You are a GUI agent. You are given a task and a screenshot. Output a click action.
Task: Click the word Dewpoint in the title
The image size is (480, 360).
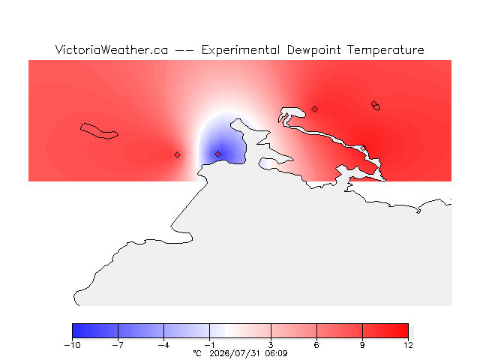point(313,50)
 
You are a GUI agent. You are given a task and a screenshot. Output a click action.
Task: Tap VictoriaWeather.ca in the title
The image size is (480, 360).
point(112,49)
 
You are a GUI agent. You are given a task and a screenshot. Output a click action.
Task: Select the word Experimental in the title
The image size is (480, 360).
point(241,50)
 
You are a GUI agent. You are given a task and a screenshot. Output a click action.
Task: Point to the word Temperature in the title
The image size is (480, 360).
point(385,50)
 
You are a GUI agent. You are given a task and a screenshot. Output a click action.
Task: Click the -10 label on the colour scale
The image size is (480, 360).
point(72,345)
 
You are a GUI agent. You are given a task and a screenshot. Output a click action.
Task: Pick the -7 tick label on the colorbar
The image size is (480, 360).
point(118,345)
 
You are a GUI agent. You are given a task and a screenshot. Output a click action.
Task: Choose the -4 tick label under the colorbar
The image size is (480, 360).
point(163,345)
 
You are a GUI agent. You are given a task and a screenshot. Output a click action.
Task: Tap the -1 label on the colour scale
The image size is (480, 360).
point(209,345)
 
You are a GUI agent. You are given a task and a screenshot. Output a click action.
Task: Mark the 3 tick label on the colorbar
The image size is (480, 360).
point(271,345)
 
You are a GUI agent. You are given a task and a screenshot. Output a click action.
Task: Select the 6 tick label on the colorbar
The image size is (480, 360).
point(316,345)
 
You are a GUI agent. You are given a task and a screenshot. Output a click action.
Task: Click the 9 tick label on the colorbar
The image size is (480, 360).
point(362,345)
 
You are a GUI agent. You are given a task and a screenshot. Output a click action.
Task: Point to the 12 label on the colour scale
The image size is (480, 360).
point(408,345)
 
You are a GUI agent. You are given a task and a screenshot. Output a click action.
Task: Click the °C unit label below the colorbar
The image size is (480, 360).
point(197,353)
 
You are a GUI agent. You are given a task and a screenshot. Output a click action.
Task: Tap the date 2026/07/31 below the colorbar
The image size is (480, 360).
point(235,353)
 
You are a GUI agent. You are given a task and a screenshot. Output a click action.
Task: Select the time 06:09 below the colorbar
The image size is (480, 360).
point(276,353)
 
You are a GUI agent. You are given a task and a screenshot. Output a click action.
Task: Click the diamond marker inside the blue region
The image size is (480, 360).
point(217,154)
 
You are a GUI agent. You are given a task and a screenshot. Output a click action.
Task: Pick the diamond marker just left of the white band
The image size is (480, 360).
point(177,155)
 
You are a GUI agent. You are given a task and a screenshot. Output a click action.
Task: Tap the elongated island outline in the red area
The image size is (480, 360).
point(98,131)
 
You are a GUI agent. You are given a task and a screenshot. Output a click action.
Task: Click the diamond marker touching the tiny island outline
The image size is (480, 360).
point(373,103)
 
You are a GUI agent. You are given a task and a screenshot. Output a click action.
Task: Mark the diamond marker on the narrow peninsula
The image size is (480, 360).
point(363,148)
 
